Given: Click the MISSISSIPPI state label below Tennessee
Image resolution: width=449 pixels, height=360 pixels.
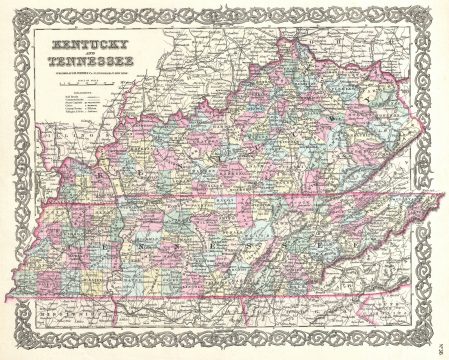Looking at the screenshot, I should [70, 318].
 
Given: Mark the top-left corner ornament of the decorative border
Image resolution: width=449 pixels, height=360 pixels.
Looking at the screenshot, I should [13, 12].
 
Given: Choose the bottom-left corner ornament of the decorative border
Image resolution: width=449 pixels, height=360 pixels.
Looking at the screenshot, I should [13, 347].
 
